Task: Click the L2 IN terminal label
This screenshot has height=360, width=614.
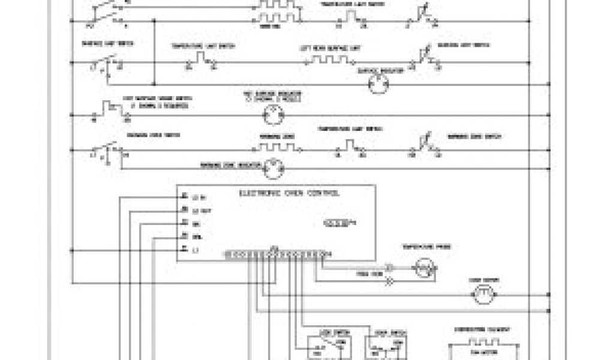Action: tap(195, 197)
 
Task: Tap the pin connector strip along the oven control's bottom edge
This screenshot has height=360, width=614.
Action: tap(276, 254)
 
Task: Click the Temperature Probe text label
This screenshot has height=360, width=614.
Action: tap(435, 247)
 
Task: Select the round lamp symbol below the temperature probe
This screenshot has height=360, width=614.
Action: tap(483, 293)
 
